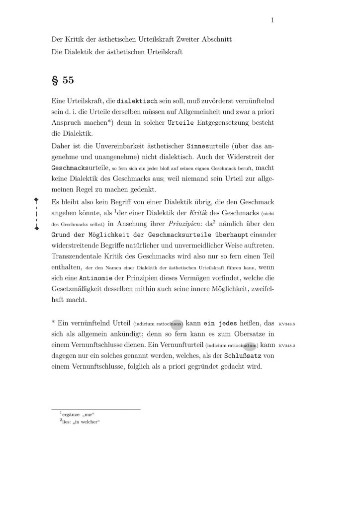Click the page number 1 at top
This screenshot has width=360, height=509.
tap(273, 20)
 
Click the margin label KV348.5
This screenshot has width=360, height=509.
tap(287, 324)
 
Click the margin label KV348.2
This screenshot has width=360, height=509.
tap(287, 345)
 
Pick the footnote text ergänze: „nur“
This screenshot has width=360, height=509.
tap(77, 414)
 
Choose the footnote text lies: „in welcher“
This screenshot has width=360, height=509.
tap(80, 423)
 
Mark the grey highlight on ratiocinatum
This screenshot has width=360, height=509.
tap(250, 345)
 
